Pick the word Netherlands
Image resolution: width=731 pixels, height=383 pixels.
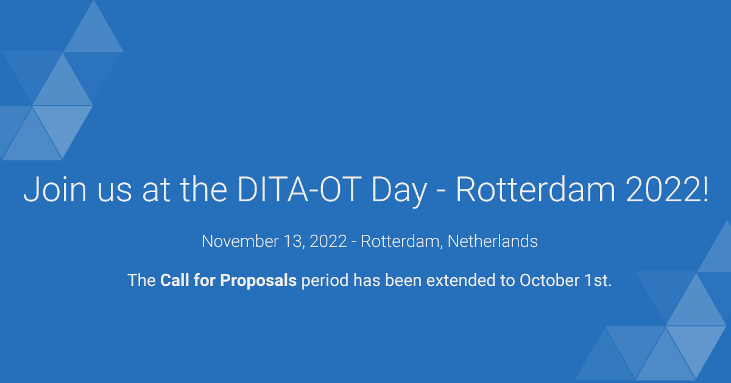coord(493,242)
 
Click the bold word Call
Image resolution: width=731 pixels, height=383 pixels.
coord(174,281)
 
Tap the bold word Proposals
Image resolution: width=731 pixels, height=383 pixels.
coord(258,281)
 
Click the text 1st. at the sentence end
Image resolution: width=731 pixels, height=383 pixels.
coord(597,281)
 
